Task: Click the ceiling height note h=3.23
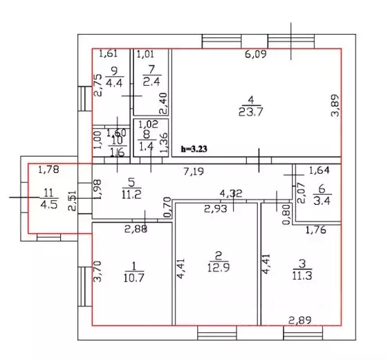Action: [194, 149]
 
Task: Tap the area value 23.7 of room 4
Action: [250, 112]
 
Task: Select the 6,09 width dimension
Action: [256, 54]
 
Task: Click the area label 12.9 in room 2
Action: [219, 268]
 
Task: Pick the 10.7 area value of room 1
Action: [133, 278]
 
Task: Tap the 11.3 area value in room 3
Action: [302, 276]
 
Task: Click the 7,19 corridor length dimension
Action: [194, 171]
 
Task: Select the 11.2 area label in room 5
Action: [131, 195]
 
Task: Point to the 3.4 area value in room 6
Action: [322, 201]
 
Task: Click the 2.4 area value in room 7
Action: [151, 82]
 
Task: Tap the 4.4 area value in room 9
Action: [114, 83]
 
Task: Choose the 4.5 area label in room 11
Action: [49, 205]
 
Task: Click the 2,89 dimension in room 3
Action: [300, 321]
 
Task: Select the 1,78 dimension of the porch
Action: [48, 170]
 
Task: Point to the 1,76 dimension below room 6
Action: [316, 231]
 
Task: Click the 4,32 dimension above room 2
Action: [231, 193]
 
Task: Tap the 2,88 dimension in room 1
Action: [136, 229]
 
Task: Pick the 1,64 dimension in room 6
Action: [320, 170]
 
